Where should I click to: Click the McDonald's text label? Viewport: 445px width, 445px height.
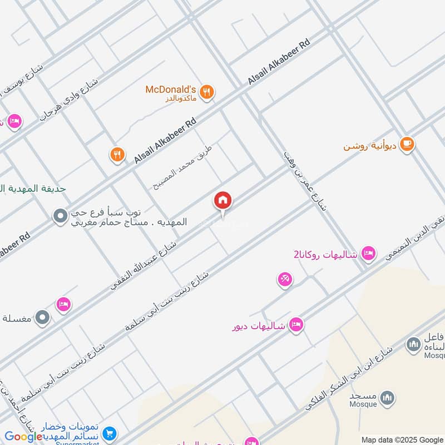click(x=171, y=90)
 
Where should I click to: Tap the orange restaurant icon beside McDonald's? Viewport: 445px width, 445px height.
click(x=207, y=92)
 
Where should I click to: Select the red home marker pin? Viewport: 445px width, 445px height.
click(x=223, y=201)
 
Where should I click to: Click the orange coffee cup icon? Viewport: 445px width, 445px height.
click(x=407, y=144)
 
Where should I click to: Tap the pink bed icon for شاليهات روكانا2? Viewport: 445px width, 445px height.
click(x=367, y=254)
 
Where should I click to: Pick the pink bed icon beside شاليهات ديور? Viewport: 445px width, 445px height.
click(x=296, y=324)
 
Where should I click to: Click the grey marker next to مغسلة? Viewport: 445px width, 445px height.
click(x=42, y=318)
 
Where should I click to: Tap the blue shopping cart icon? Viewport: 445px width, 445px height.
click(x=110, y=433)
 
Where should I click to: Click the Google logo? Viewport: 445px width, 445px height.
click(x=23, y=437)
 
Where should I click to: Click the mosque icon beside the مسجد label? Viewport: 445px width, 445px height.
click(x=388, y=398)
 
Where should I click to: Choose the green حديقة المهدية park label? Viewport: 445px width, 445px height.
click(x=33, y=189)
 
